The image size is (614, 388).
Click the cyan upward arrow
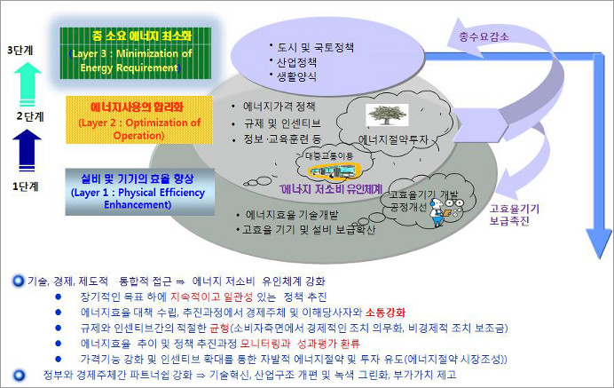28,83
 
